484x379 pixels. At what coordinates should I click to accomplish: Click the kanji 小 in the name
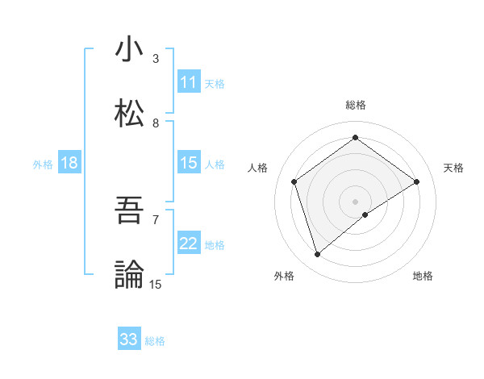coord(128,50)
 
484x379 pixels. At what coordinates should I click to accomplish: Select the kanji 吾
coord(128,211)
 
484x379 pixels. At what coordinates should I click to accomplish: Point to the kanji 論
coord(128,274)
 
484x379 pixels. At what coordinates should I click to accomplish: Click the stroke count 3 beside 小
coord(156,58)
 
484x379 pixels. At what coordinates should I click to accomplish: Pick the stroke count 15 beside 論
coord(156,284)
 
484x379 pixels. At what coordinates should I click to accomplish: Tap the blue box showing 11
coord(189,82)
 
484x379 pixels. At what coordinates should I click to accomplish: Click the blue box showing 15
coord(189,163)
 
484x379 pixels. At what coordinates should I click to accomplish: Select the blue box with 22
coord(189,244)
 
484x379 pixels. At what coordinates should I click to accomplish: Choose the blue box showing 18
coord(69,163)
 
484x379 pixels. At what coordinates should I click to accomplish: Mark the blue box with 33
coord(129,339)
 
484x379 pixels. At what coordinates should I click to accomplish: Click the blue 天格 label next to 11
coord(215,83)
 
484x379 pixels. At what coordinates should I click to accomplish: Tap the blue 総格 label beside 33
coord(155,341)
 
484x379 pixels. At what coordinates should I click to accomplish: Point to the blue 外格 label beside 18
coord(43,165)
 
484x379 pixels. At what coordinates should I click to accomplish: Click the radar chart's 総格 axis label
coord(356,105)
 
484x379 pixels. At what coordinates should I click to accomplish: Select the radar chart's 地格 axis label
coord(423,276)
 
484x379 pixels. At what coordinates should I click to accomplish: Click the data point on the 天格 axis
coord(416,181)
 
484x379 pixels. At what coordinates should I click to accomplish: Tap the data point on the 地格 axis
coord(365,214)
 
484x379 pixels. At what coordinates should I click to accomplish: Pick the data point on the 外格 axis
coord(317,255)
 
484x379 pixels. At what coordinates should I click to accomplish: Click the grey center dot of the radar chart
coord(356,201)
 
